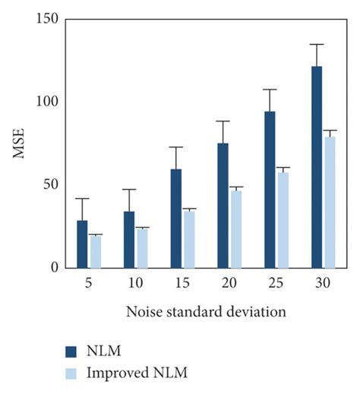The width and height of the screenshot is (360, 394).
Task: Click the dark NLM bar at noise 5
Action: [x=82, y=244]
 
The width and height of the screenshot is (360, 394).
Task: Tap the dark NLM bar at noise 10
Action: [x=129, y=239]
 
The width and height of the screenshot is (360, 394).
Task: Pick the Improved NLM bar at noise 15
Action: [x=189, y=239]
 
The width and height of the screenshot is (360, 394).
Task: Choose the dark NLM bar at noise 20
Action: [x=223, y=205]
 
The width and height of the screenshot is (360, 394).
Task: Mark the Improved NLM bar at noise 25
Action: [x=283, y=220]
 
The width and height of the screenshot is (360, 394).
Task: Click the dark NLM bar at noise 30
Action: [x=317, y=167]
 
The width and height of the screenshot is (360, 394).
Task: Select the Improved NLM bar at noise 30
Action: [x=330, y=202]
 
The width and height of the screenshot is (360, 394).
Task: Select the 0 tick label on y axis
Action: [x=55, y=267]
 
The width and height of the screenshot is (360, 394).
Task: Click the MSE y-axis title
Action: [x=21, y=143]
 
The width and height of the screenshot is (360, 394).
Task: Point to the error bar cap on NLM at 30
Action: [x=317, y=44]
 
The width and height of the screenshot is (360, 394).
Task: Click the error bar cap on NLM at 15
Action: [x=176, y=147]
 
